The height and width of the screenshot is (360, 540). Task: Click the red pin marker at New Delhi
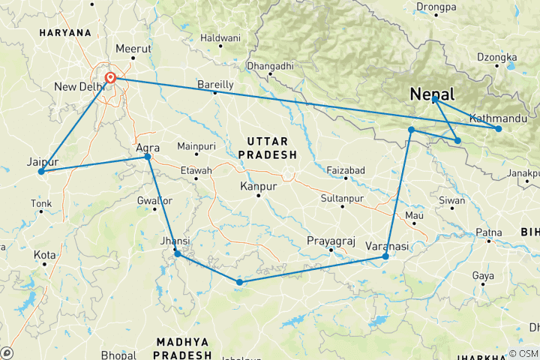coord(110,77)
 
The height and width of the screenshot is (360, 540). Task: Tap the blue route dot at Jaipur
coord(41,172)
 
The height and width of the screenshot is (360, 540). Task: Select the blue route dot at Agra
coord(148,157)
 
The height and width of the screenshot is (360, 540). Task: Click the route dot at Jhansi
coord(178,254)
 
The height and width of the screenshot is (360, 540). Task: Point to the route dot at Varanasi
coord(385,257)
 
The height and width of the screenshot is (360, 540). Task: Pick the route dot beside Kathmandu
coord(499,129)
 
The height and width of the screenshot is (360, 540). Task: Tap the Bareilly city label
coord(215,84)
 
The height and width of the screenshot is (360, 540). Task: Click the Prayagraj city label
coord(331,240)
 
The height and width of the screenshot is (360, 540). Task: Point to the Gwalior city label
coord(155,201)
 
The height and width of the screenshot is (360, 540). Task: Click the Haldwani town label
coord(220,37)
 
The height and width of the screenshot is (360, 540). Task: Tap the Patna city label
coord(488,232)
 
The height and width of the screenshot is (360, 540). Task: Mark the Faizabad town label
coord(346,171)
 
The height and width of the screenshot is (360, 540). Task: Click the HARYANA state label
coord(66,33)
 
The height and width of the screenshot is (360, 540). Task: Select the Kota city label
coord(44,255)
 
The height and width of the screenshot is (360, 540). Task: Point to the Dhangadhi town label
coord(270,66)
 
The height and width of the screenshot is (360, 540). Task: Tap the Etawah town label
coord(196,170)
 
